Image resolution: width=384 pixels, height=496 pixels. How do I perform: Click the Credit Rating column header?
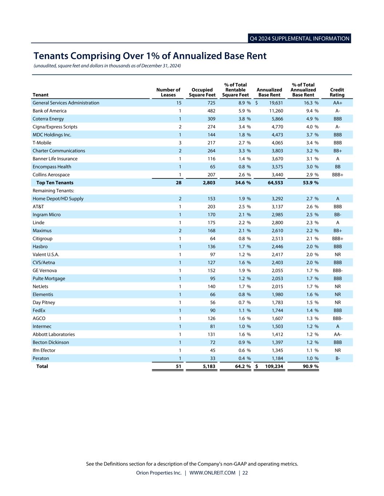tap(337, 92)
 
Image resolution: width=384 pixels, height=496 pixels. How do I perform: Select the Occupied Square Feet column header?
tap(202, 92)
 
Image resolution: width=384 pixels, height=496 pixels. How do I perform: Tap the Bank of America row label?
tap(50, 111)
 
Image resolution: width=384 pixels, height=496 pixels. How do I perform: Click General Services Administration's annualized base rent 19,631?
tap(276, 103)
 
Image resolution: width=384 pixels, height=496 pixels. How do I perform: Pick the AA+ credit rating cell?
tap(337, 103)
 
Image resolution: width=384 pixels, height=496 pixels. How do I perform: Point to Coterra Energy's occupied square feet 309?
tap(211, 119)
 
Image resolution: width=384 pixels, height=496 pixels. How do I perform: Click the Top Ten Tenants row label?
tap(55, 183)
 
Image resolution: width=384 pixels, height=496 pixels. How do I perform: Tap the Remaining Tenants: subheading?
tap(53, 191)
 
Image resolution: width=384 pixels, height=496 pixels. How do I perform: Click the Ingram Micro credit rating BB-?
tap(337, 215)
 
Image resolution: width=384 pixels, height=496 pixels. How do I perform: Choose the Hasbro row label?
tap(40, 247)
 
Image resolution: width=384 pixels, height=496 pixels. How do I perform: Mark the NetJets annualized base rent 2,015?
tap(277, 287)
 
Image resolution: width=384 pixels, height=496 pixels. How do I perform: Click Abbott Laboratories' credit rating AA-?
tap(337, 335)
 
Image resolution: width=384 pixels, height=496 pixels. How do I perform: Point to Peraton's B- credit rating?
tap(337, 359)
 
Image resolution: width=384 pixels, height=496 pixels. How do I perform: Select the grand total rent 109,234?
tap(274, 367)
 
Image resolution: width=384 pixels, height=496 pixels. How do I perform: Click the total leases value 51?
tap(178, 367)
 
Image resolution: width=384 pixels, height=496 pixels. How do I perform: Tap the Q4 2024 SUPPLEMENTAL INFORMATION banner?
tap(299, 39)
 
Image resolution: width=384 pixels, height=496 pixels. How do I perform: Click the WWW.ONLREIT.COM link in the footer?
tap(212, 473)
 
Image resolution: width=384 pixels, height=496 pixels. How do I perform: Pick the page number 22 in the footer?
tap(245, 473)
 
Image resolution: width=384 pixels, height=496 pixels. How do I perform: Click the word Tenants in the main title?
tap(51, 56)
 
